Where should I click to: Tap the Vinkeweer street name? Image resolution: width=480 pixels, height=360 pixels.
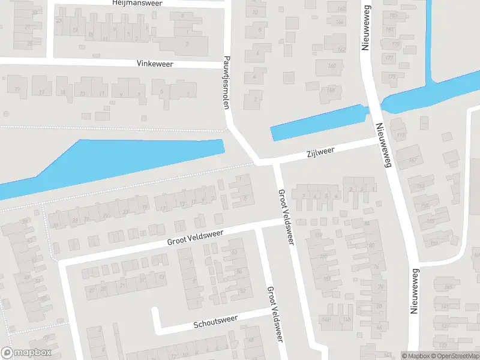tap(154, 63)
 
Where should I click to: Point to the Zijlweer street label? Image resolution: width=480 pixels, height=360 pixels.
tap(319, 152)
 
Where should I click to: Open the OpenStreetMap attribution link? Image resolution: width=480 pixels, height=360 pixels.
tap(454, 356)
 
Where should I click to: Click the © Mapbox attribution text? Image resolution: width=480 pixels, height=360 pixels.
tap(415, 356)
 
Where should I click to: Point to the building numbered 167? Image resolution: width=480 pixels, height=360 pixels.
tap(413, 160)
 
